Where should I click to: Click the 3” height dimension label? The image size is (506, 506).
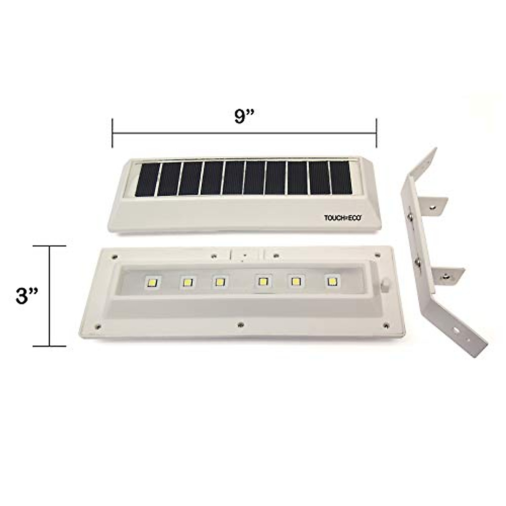(27, 296)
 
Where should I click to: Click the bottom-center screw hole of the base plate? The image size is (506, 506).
(240, 324)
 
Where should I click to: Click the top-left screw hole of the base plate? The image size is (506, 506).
(114, 255)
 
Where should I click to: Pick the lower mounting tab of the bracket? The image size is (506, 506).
(447, 276)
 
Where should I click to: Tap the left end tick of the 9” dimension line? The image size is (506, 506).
(112, 133)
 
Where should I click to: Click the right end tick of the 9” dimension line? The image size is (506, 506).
(376, 133)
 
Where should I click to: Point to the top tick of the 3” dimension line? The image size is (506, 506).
(50, 245)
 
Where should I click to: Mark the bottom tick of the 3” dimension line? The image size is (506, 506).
(50, 346)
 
